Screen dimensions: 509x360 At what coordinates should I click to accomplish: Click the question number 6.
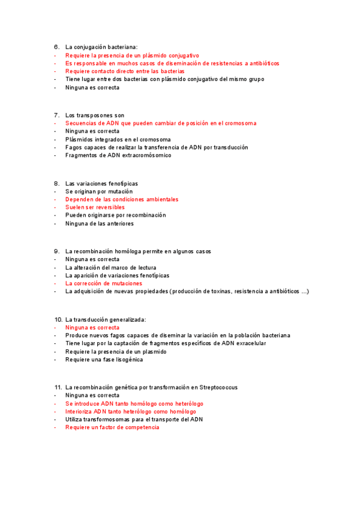tap(56, 47)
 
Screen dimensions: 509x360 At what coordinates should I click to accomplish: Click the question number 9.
tap(56, 251)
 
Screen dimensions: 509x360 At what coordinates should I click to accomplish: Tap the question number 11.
tap(58, 387)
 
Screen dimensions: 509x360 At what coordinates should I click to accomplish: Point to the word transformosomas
tap(110, 420)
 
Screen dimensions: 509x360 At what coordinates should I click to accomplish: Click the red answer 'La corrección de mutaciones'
tap(104, 283)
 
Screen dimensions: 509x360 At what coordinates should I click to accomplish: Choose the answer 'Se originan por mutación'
tap(99, 191)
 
